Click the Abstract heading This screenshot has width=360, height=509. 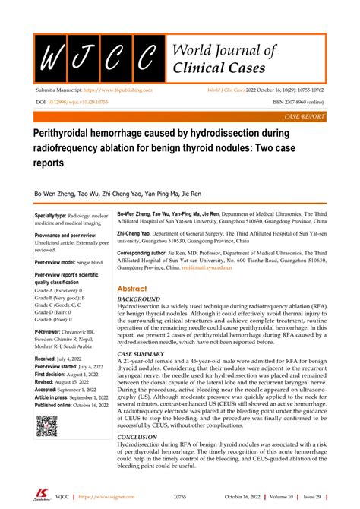tap(133, 289)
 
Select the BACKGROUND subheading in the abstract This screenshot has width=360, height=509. tap(139, 300)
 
